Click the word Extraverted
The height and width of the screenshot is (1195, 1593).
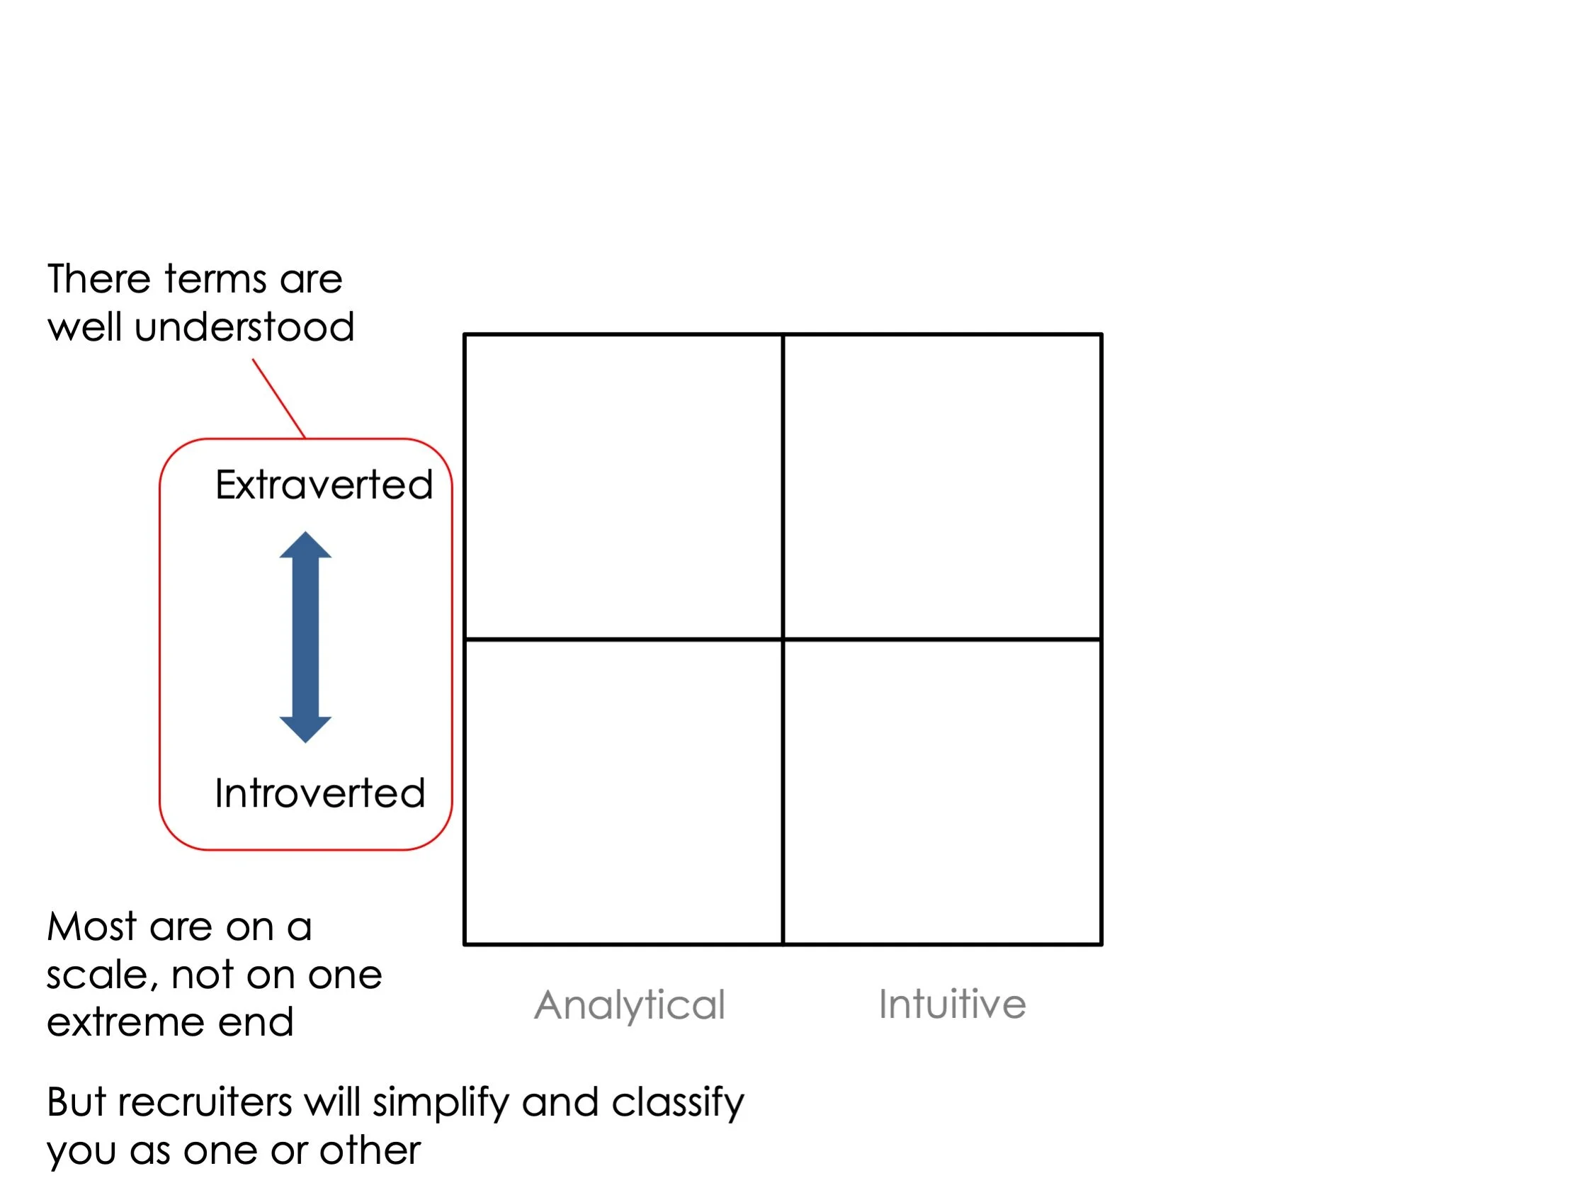tap(324, 485)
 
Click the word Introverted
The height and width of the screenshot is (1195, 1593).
tap(319, 794)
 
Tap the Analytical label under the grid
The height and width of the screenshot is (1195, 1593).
tap(630, 1005)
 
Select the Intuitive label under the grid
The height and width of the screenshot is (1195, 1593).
tap(952, 1004)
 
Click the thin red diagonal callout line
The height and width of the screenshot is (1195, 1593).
tap(278, 398)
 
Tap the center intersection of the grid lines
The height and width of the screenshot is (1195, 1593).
tap(783, 639)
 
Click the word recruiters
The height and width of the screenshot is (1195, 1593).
tap(205, 1103)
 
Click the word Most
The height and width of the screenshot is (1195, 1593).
tap(91, 927)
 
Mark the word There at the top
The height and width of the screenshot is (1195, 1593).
tap(100, 280)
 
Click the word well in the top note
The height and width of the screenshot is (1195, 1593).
tap(84, 328)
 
